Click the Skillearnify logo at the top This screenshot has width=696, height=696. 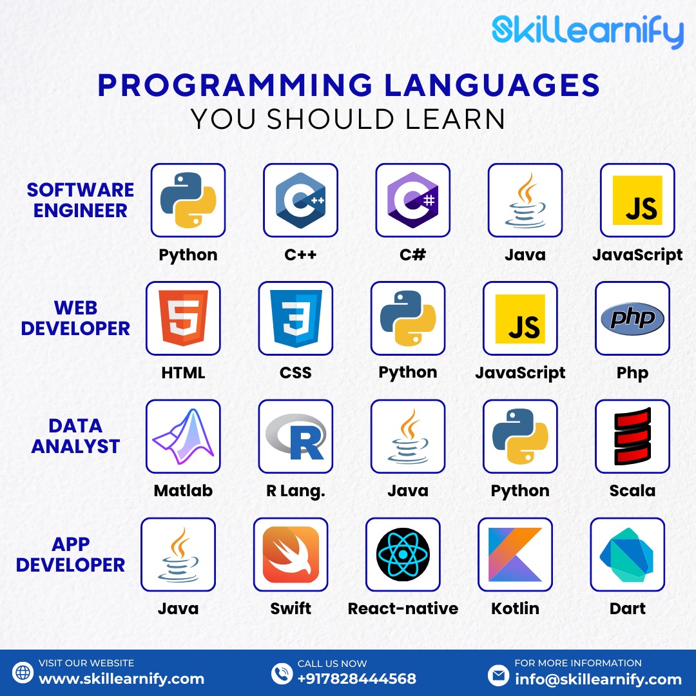pos(587,32)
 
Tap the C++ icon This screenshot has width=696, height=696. pos(300,200)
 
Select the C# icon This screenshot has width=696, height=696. pos(412,200)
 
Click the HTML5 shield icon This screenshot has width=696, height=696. pos(183,318)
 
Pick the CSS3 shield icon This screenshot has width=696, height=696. pos(296,318)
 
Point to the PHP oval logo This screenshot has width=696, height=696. pos(632,318)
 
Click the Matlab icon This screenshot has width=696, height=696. pos(183,436)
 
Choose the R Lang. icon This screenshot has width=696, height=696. pos(296,436)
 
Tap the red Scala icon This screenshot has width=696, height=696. pos(632,436)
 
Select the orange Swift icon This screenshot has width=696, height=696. pos(291,554)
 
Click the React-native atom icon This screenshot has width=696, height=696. pos(403,554)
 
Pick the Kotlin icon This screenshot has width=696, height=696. pos(515,554)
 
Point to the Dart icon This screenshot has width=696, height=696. pos(627,554)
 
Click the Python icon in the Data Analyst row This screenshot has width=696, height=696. pos(520,436)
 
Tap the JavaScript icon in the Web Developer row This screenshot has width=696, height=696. pos(520,318)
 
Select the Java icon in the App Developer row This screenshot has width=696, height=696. pos(178,554)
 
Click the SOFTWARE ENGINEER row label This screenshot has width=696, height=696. pos(81,200)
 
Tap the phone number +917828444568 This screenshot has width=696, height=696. pos(356,679)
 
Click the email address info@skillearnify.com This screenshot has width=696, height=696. pos(598,679)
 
